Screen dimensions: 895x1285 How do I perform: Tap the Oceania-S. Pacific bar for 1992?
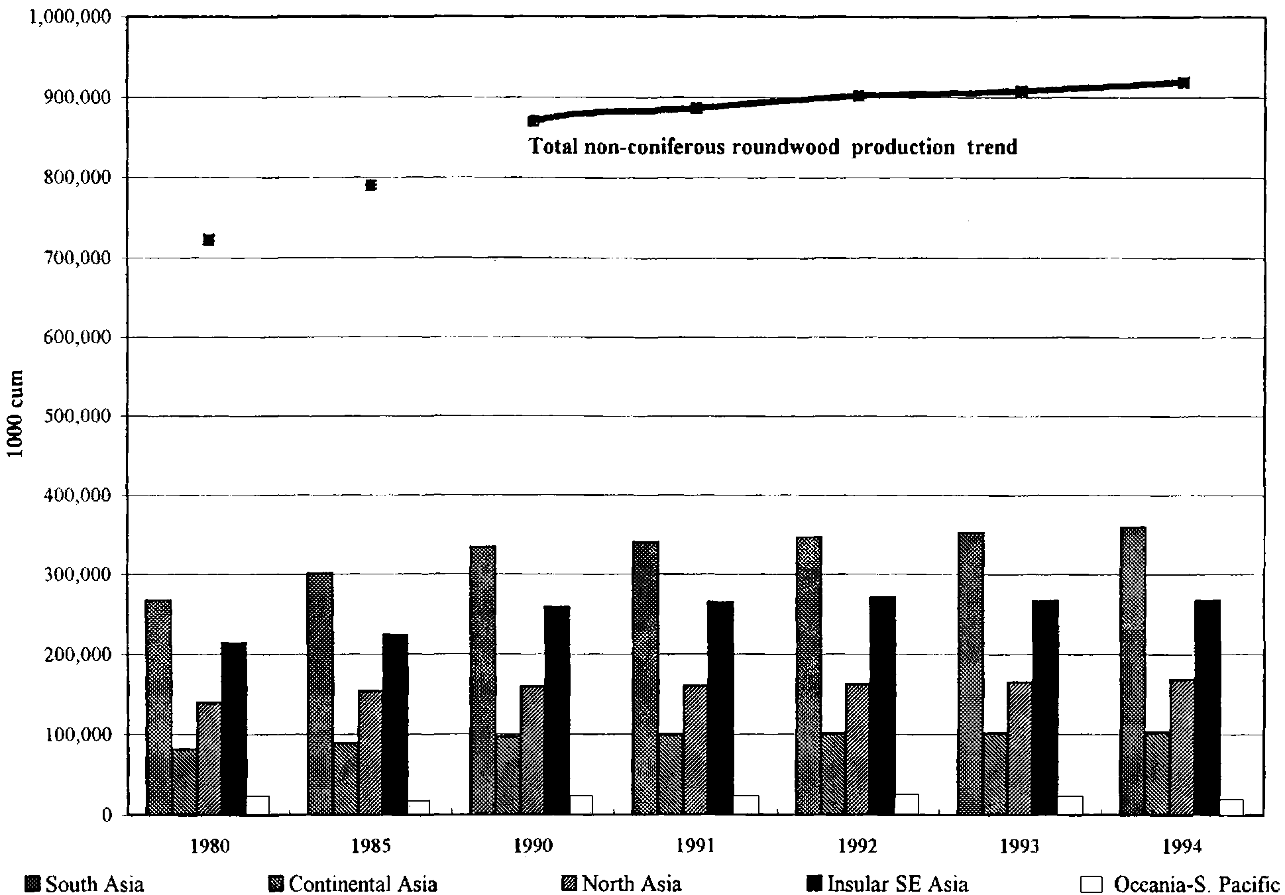point(907,804)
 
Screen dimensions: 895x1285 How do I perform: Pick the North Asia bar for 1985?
point(370,752)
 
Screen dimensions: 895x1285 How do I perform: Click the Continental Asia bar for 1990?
point(508,774)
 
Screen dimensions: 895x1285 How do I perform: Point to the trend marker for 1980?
point(209,240)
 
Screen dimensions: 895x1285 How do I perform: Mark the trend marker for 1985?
point(371,185)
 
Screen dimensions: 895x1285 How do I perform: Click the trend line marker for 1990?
point(533,121)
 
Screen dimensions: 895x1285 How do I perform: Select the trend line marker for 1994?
point(1184,83)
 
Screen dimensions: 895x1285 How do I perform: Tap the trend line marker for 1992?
point(859,95)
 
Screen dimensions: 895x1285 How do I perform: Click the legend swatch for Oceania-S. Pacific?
point(1091,884)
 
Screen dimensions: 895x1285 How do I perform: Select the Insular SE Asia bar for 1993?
point(1045,707)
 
